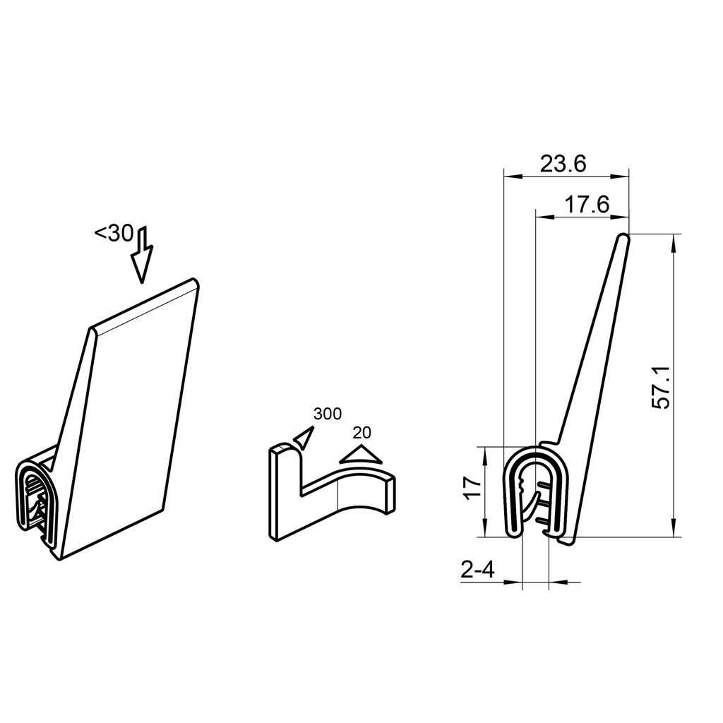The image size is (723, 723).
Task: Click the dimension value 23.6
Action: (563, 164)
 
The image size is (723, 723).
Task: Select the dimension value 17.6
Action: (586, 205)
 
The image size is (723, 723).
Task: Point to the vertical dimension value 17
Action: (473, 488)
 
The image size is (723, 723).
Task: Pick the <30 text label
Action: (114, 233)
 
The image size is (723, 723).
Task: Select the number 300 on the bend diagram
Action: (328, 414)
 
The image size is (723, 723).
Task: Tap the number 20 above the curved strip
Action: (361, 433)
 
